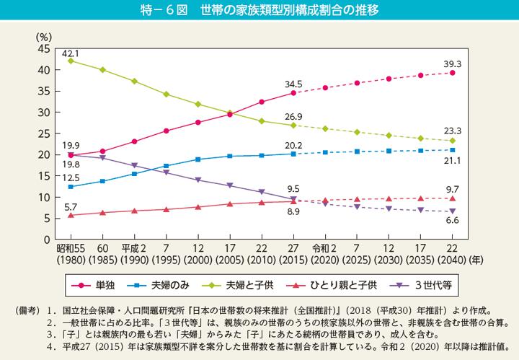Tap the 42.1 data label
click(70, 52)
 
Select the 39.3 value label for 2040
click(453, 63)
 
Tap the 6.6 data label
click(453, 220)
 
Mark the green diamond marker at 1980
click(71, 61)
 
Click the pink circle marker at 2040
click(453, 73)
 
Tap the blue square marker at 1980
click(71, 186)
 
